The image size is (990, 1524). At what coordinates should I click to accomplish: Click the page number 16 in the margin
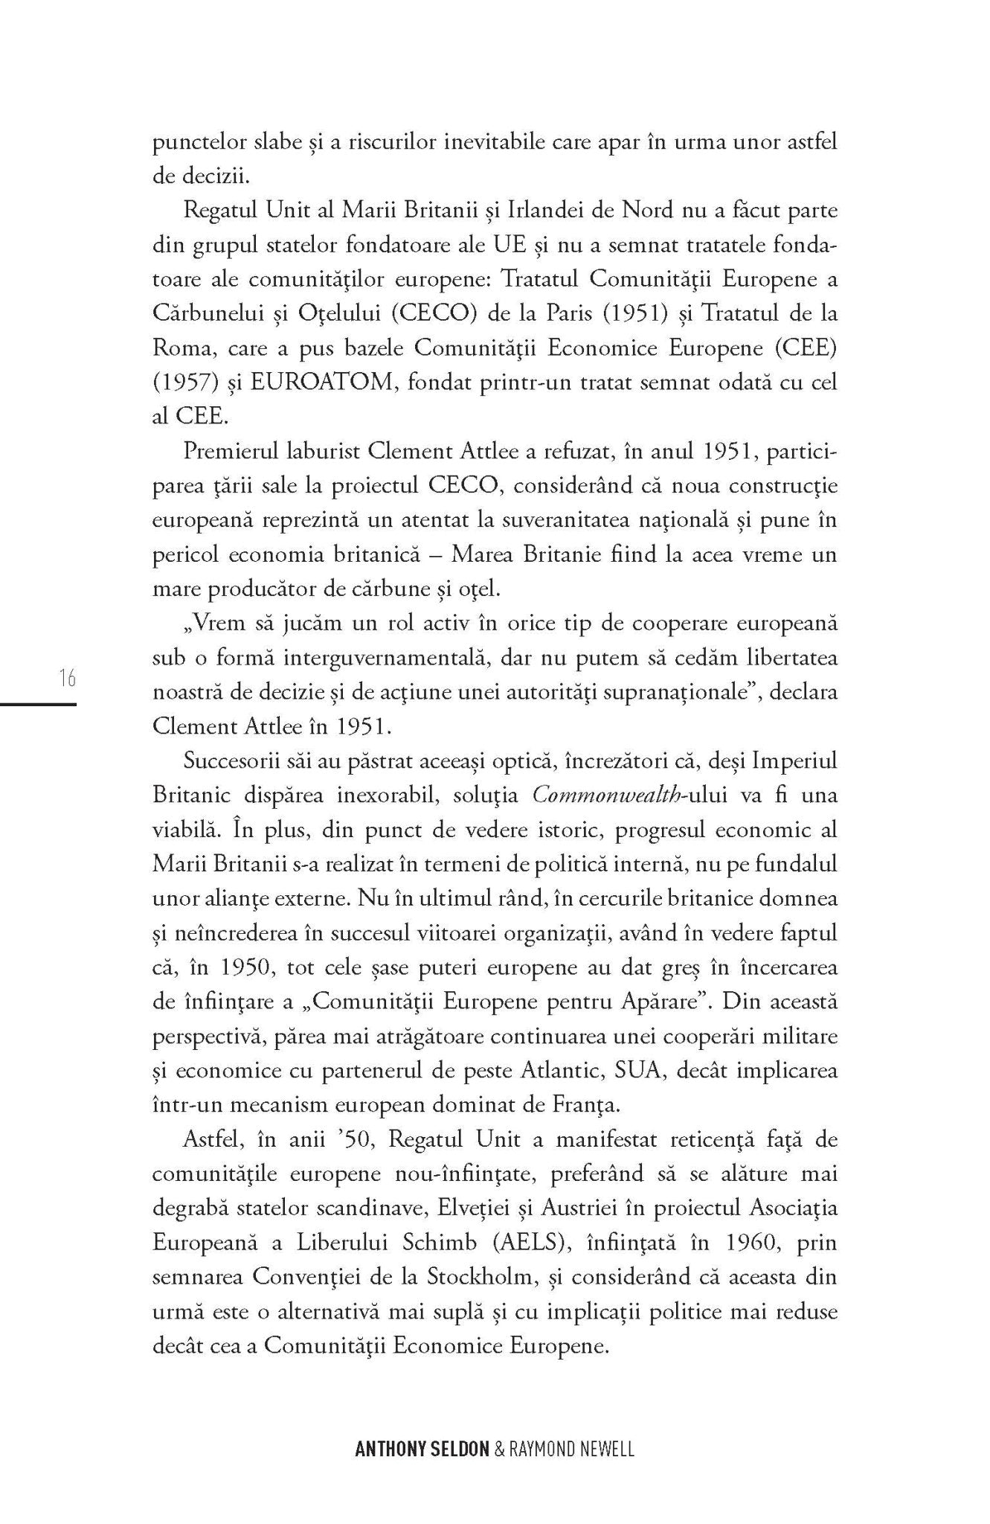(65, 679)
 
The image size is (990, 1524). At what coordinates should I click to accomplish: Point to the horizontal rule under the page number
(39, 704)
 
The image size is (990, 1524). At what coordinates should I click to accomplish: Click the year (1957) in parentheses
(179, 382)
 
